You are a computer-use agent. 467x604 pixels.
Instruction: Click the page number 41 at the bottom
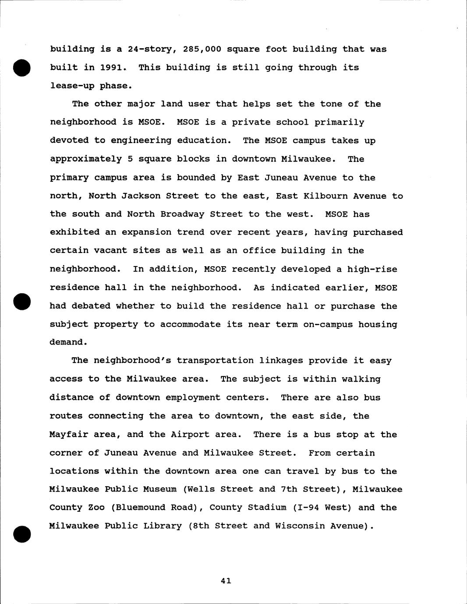[226, 581]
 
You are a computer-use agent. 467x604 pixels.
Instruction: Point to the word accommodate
[190, 324]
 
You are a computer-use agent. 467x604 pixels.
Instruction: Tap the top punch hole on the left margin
[21, 67]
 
